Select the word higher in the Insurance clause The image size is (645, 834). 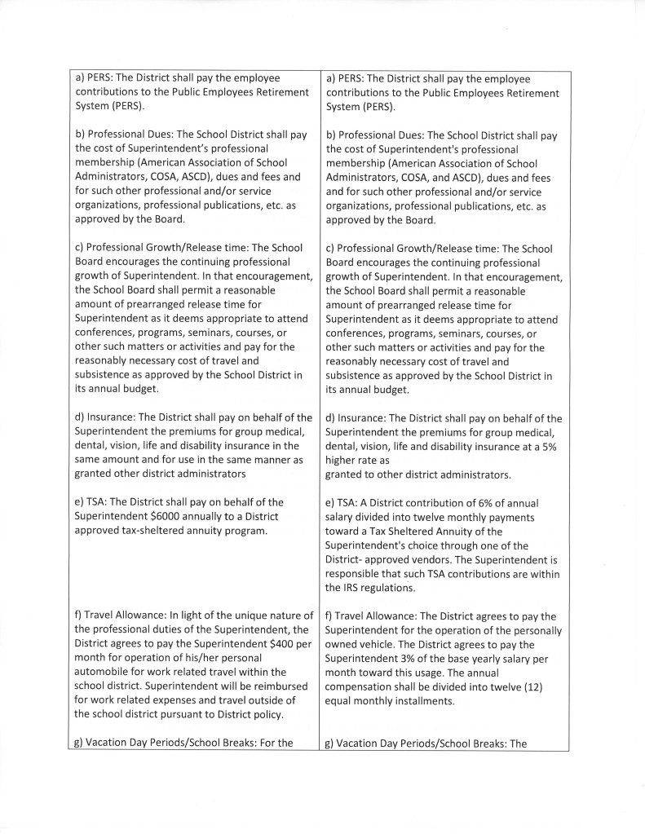coord(342,460)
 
